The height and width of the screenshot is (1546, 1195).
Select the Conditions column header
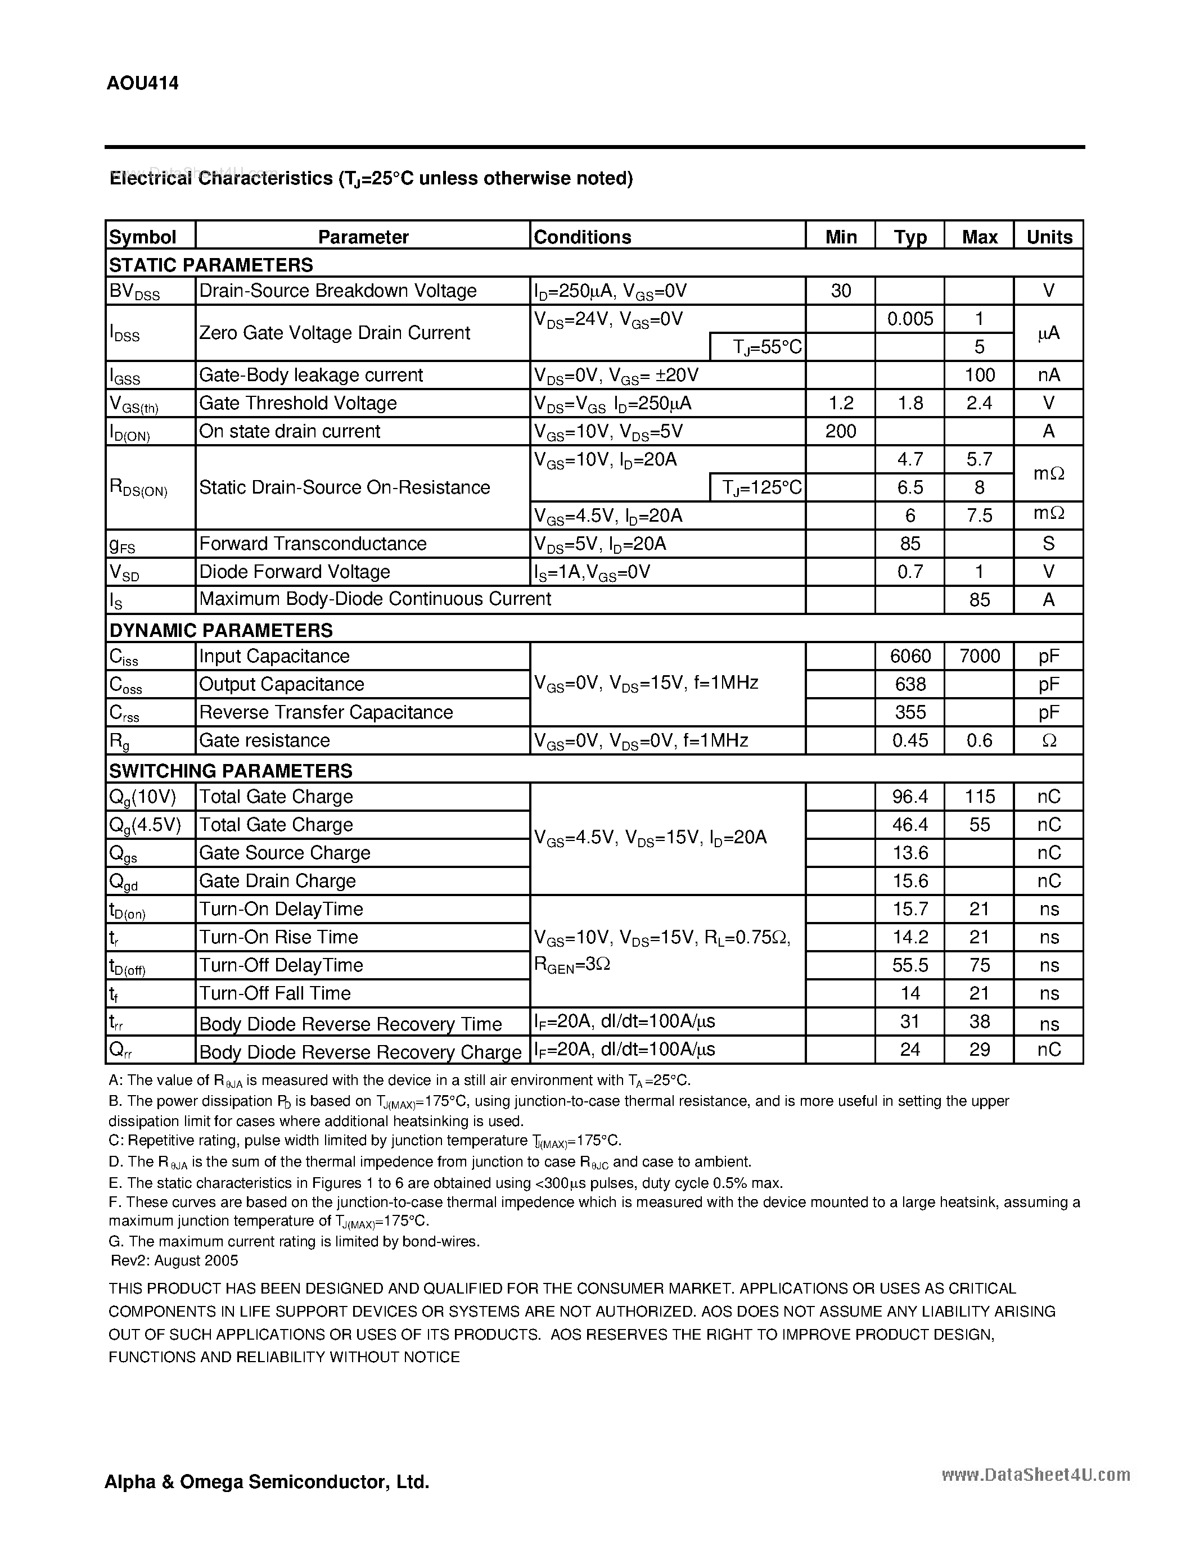(582, 237)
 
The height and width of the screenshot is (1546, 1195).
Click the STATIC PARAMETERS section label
(211, 265)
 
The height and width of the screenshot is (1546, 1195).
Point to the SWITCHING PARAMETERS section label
(230, 770)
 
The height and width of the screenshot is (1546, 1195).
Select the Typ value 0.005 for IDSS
(910, 319)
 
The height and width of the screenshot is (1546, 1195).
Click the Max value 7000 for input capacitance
(979, 656)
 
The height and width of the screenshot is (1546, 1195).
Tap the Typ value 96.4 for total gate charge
(910, 797)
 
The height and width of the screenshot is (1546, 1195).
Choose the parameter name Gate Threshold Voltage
(297, 403)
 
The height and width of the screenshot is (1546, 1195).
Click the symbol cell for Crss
(125, 713)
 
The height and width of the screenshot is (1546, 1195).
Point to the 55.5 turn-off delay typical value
(910, 965)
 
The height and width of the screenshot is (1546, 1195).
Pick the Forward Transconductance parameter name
(312, 544)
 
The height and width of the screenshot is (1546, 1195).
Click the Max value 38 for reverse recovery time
(979, 1021)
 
